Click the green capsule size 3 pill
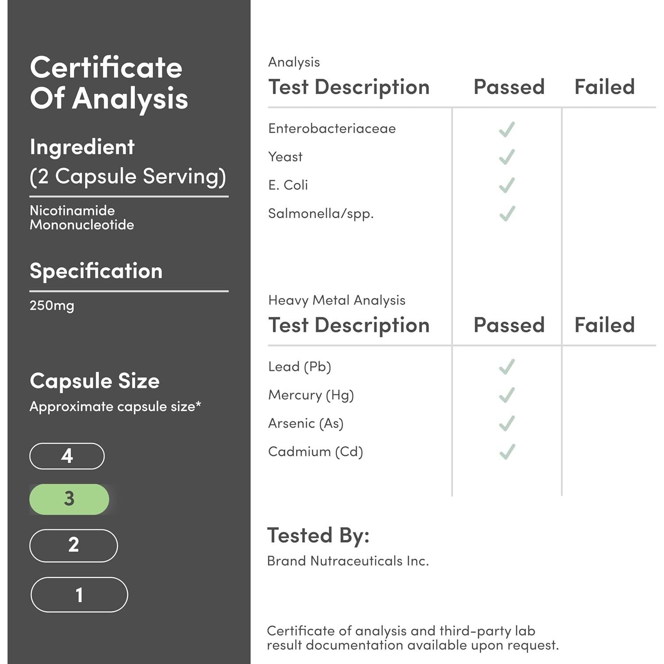pyautogui.click(x=69, y=499)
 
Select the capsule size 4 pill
pyautogui.click(x=67, y=456)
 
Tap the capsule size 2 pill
pyautogui.click(x=73, y=545)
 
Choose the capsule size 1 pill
pyautogui.click(x=79, y=595)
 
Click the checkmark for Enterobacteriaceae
pyautogui.click(x=507, y=129)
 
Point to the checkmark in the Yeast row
pyautogui.click(x=507, y=157)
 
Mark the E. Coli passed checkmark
pyautogui.click(x=507, y=185)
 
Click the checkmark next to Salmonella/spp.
pyautogui.click(x=507, y=213)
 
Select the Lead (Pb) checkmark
pyautogui.click(x=507, y=367)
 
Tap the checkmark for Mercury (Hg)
pyautogui.click(x=507, y=395)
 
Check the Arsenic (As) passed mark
pyautogui.click(x=507, y=423)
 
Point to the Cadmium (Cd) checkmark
pyautogui.click(x=507, y=452)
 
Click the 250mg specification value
pyautogui.click(x=52, y=306)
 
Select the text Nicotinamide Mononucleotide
pyautogui.click(x=81, y=217)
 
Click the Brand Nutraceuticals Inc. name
pyautogui.click(x=348, y=561)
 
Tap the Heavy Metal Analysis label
pyautogui.click(x=336, y=300)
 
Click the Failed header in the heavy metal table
pyautogui.click(x=604, y=325)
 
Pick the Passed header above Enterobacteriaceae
pyautogui.click(x=509, y=87)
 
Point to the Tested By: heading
pyautogui.click(x=318, y=535)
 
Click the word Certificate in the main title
pyautogui.click(x=106, y=68)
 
